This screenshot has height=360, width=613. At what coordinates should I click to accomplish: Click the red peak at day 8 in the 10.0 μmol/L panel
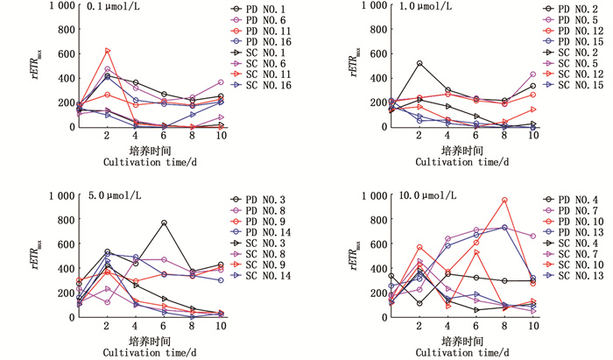504,200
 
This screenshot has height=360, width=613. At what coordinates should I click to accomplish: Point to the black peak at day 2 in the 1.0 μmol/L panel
419,63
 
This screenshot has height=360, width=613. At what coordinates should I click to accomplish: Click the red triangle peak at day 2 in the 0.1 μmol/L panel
107,50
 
